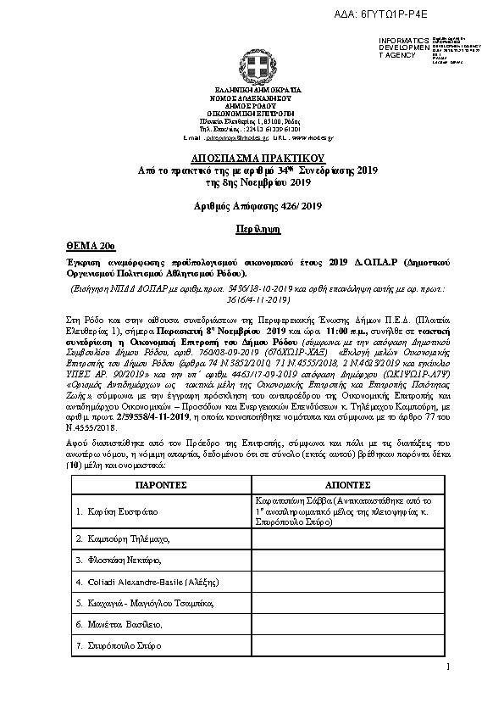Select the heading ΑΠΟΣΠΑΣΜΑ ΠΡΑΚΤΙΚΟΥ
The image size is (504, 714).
coord(253,159)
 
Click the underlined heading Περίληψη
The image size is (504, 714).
coord(253,229)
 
